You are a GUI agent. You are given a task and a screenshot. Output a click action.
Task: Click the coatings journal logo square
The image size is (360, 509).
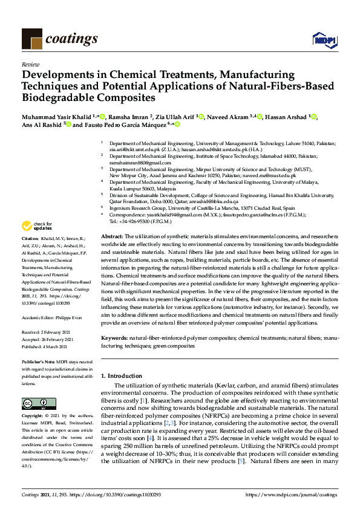(x=31, y=39)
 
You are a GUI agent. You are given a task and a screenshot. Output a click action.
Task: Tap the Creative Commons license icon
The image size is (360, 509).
(x=34, y=404)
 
